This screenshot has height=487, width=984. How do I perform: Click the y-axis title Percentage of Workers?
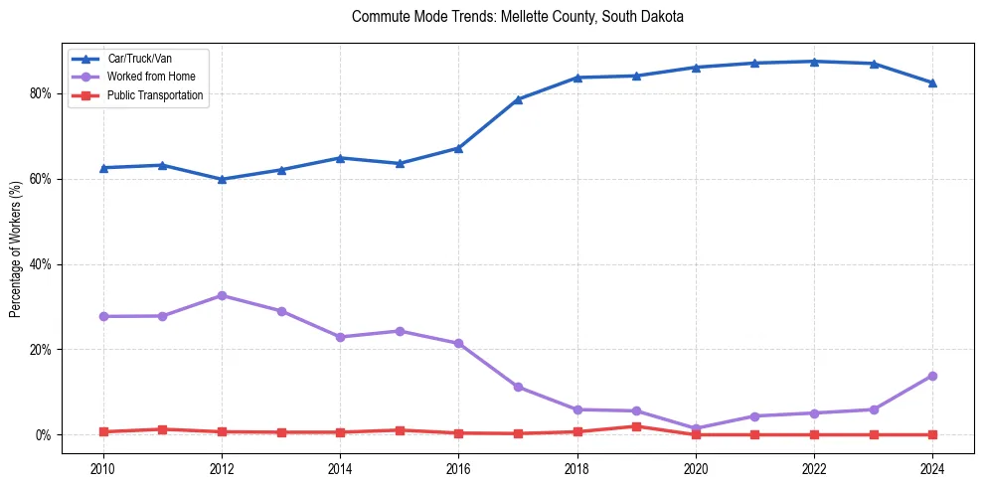[x=16, y=249]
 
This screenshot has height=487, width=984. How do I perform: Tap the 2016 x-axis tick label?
[x=458, y=467]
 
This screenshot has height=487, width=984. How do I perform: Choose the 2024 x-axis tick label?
[x=932, y=467]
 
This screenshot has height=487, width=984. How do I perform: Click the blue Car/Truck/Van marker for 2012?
[x=222, y=179]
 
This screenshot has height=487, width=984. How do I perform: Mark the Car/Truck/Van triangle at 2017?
[x=518, y=99]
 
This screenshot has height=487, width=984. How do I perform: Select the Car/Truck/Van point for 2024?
[x=932, y=82]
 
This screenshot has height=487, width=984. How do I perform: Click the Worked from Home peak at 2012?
[x=222, y=296]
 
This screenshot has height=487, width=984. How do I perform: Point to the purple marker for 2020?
[x=696, y=429]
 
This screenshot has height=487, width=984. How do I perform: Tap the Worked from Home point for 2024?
[x=932, y=376]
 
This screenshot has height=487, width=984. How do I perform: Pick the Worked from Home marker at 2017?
[x=518, y=387]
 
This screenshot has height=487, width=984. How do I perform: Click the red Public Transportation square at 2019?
[x=636, y=426]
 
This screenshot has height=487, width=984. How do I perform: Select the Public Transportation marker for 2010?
[x=102, y=431]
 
